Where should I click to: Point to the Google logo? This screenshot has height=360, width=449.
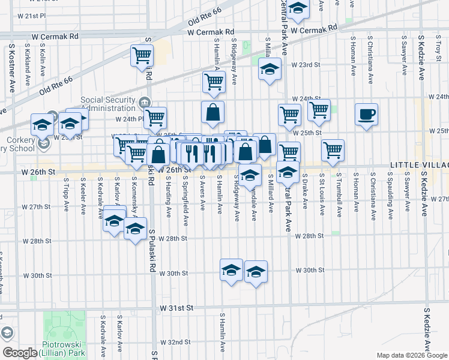[x=20, y=353]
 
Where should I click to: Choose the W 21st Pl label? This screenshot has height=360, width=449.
[x=31, y=15]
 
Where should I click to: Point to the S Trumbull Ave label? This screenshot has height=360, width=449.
[x=339, y=195]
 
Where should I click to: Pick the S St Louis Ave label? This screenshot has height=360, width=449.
[x=322, y=195]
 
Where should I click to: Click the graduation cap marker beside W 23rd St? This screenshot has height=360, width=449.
[x=270, y=68]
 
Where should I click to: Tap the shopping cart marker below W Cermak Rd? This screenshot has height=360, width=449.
[x=142, y=55]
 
